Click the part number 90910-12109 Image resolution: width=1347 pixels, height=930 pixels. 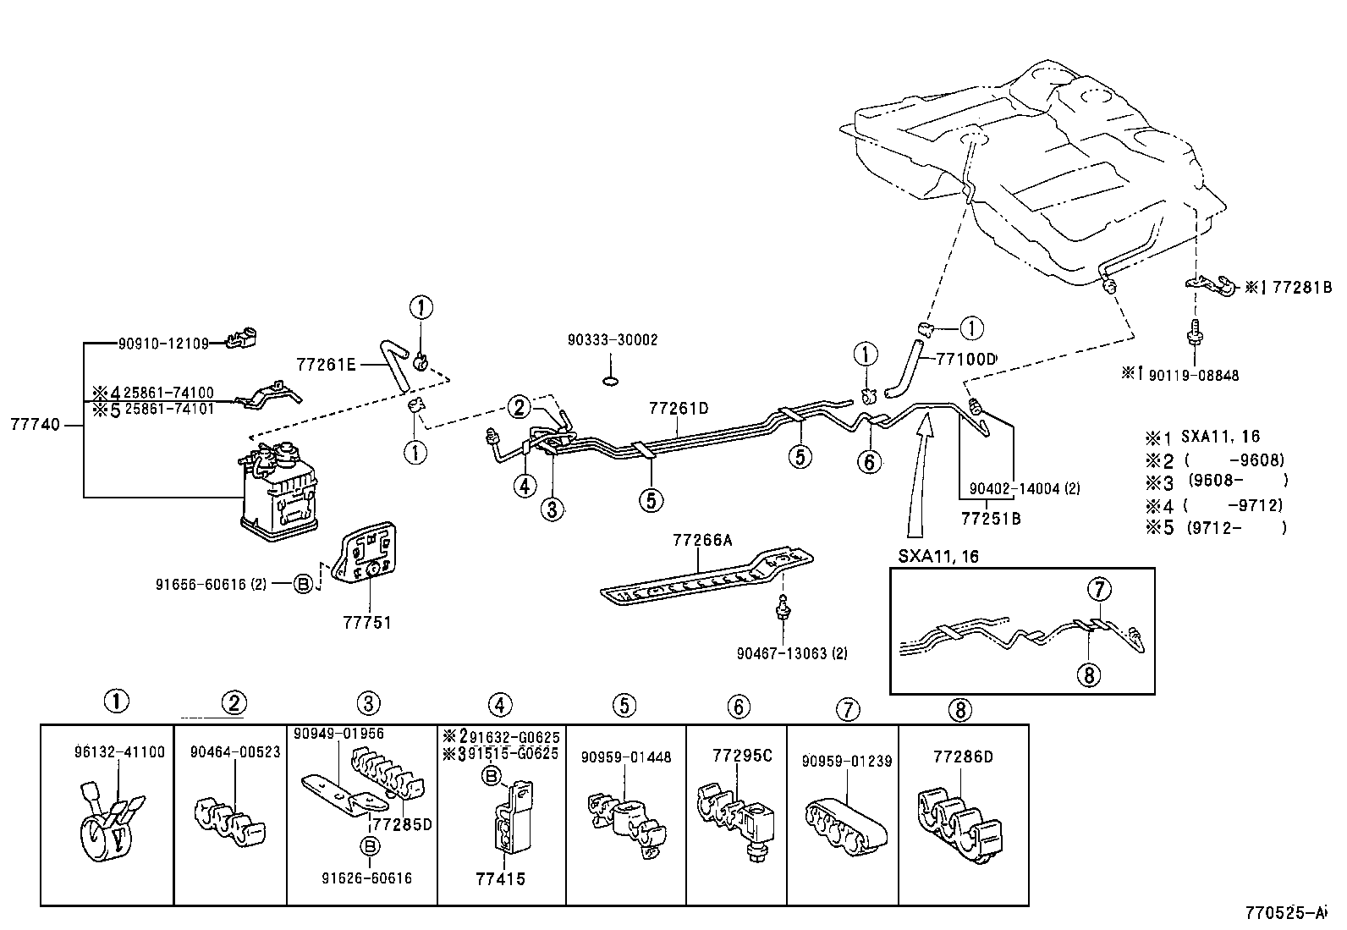tap(163, 344)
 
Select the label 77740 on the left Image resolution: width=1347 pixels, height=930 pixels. tap(36, 425)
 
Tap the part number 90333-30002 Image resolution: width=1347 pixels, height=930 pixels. tap(613, 340)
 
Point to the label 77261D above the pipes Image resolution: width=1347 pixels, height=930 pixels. tap(679, 409)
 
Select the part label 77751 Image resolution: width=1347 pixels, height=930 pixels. tap(367, 623)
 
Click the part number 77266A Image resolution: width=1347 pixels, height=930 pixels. tap(702, 540)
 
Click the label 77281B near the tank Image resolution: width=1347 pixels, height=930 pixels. tap(1302, 288)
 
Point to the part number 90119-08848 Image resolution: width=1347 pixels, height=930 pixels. tap(1194, 376)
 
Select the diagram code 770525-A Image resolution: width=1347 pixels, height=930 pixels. tap(1286, 913)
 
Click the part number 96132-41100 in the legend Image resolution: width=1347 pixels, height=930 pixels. tap(119, 752)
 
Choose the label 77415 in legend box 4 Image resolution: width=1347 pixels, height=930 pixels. tap(501, 879)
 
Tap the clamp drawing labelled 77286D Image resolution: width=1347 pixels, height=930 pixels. tap(960, 825)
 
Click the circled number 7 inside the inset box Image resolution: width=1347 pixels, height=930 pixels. tap(1099, 590)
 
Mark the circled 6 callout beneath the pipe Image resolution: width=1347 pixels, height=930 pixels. tap(869, 462)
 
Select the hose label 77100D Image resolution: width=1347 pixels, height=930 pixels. tap(965, 360)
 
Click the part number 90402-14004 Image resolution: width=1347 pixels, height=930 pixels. tap(1014, 489)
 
